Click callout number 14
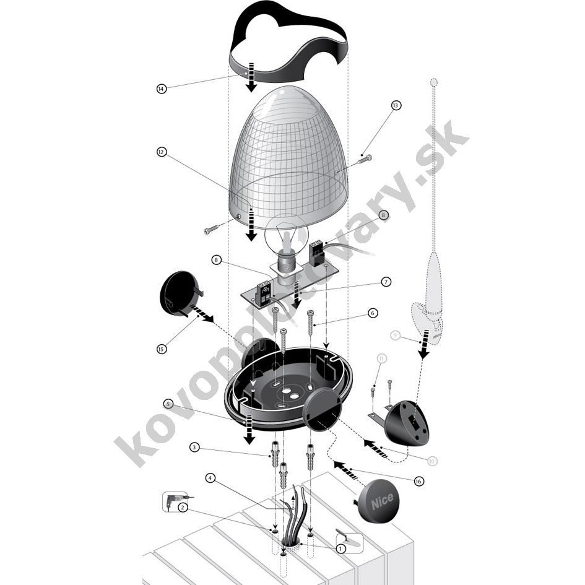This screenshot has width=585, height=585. (x=162, y=89)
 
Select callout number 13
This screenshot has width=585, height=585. (x=396, y=105)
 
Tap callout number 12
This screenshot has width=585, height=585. (x=162, y=152)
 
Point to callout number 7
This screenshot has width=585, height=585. (x=386, y=282)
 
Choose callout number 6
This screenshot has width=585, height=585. (x=372, y=313)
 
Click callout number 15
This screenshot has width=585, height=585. (x=162, y=349)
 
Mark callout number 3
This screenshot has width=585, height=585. (x=194, y=447)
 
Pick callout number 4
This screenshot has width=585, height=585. (x=210, y=478)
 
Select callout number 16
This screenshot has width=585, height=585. (x=418, y=481)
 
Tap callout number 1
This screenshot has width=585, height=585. (x=340, y=549)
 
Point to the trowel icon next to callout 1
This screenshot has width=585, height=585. (x=347, y=535)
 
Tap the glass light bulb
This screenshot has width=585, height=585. (x=287, y=239)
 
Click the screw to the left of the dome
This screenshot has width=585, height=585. (x=214, y=229)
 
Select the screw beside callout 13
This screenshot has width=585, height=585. (x=365, y=160)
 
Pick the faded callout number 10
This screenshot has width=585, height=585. (x=431, y=461)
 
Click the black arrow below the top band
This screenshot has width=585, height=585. (x=251, y=77)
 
